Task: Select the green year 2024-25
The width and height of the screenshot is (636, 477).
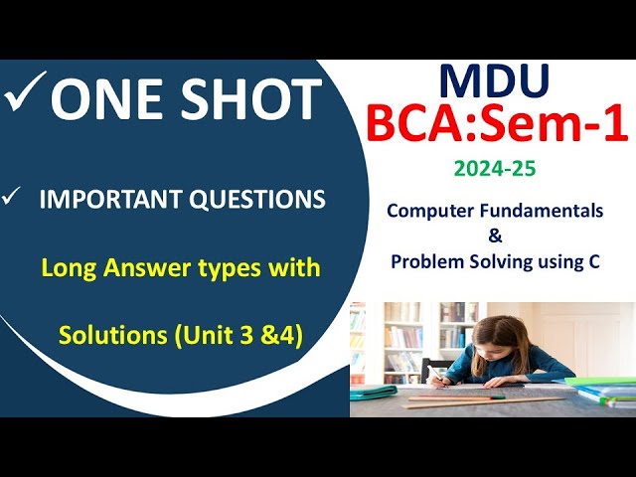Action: coord(494,169)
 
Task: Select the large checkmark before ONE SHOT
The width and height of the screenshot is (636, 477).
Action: coord(25,96)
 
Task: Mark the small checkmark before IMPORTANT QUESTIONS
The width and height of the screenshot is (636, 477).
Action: coord(13,199)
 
